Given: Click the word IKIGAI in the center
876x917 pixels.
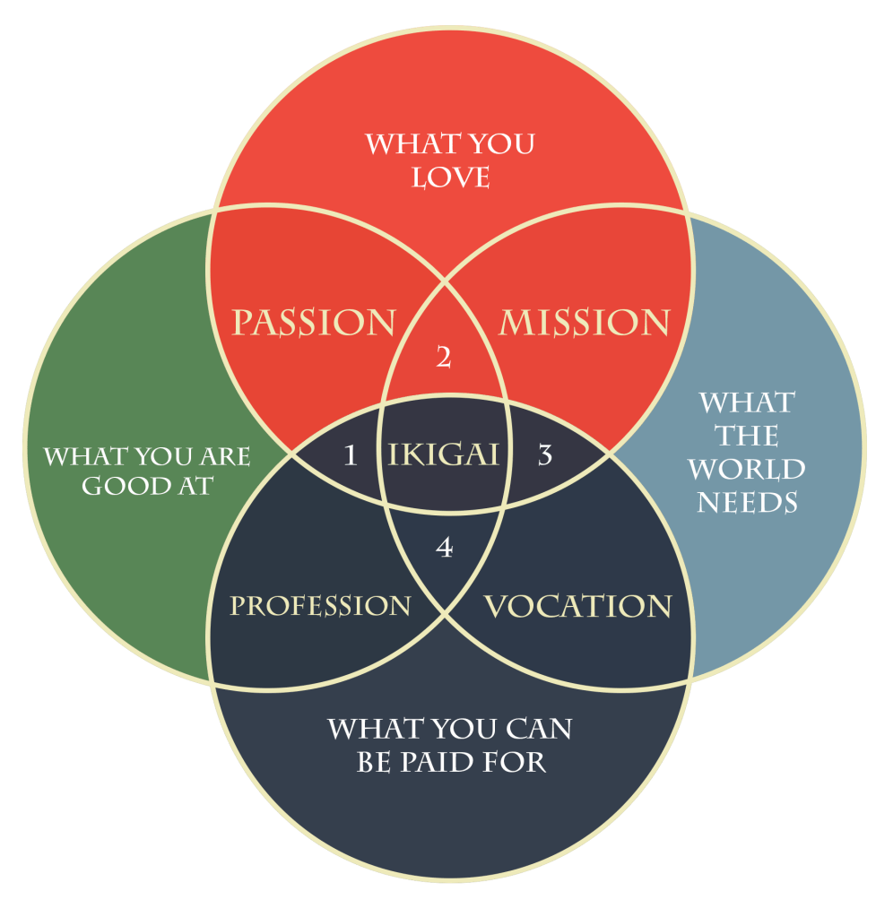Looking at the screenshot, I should [x=444, y=454].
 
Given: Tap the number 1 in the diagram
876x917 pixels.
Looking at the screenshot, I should [x=351, y=455].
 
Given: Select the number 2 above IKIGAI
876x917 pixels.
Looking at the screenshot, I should [x=443, y=358].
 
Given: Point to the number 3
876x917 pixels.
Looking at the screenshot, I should [x=544, y=455].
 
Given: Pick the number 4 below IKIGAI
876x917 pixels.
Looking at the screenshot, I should [x=444, y=548].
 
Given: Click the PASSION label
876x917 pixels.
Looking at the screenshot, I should [x=314, y=323].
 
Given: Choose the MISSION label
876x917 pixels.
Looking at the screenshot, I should [x=584, y=323].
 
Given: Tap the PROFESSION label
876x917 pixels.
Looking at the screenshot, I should [x=320, y=606].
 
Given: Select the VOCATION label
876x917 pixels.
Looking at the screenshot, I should [x=577, y=607].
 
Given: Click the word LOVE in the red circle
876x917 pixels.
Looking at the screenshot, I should [x=451, y=177].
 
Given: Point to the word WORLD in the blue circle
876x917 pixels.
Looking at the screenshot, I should [x=747, y=470].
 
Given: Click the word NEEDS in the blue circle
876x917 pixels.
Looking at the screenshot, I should [x=747, y=503].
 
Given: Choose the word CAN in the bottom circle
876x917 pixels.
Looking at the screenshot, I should [x=537, y=729].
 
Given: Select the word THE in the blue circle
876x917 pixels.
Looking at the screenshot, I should [x=747, y=437].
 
